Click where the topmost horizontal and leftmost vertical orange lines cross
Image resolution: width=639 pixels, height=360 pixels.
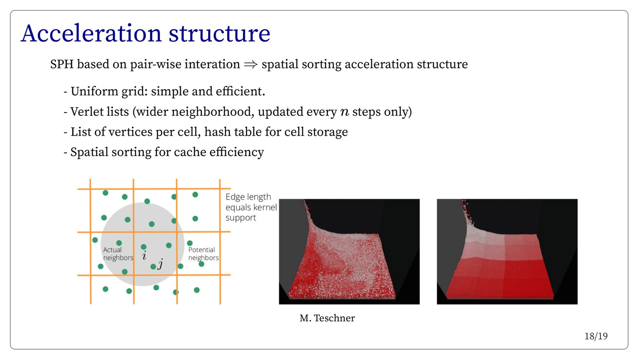(90, 189)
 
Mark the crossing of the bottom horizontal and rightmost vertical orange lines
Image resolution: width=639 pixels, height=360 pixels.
(220, 275)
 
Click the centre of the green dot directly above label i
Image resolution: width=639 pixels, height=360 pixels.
(144, 247)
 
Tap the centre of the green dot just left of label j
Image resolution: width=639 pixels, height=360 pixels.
(153, 267)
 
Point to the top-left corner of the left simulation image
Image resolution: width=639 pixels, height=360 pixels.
(279, 199)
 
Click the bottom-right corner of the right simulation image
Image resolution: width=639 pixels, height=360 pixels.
(577, 305)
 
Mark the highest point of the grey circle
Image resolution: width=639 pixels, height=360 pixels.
(143, 202)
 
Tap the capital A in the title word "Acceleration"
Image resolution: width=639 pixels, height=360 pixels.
(30, 34)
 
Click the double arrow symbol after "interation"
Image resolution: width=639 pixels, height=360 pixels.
(251, 64)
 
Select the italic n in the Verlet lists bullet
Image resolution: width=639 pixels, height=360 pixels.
(345, 112)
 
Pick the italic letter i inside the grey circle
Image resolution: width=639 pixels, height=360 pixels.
(144, 256)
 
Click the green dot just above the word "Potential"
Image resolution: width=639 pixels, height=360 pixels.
(190, 243)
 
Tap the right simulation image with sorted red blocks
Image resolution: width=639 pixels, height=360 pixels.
(507, 252)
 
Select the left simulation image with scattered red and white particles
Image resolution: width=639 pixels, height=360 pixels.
(349, 252)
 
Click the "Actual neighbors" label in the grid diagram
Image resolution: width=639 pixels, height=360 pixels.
(118, 254)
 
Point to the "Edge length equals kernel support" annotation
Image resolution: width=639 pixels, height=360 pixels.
(251, 207)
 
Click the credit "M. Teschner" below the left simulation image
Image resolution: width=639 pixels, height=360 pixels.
(327, 318)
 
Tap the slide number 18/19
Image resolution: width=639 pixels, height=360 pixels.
(596, 336)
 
